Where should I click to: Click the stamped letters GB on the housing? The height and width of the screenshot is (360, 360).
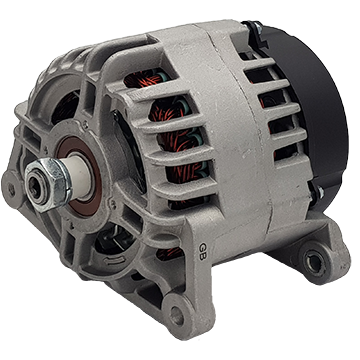204,243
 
